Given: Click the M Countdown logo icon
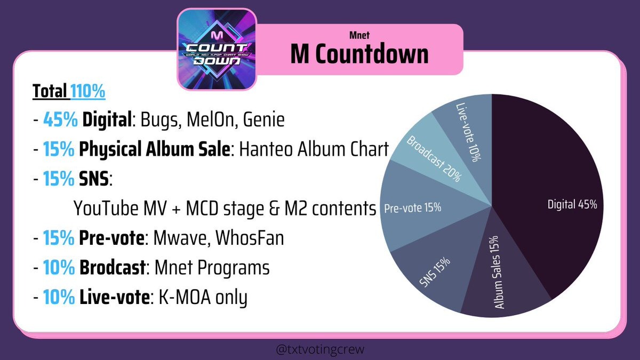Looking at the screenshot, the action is pos(217,50).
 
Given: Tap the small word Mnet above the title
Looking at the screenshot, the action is pos(359,35).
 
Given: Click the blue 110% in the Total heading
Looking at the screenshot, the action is pos(88,91).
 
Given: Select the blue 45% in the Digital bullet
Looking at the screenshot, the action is pos(60,119).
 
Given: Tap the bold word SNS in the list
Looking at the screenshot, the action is pos(94,179).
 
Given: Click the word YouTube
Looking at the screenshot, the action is pos(106,208).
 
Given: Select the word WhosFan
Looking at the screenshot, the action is pos(250,238).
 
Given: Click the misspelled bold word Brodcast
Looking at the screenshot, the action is pos(113,267).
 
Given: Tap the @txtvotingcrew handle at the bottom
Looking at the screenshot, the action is pos(321,349).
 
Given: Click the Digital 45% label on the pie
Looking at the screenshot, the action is pos(572,205).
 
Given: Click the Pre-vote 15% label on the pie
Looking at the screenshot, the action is pos(413,207).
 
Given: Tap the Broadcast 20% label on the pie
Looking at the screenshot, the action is pos(434,158).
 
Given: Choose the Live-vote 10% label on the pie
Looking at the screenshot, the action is pos(469,132).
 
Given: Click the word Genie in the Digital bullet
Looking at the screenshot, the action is pos(263,119).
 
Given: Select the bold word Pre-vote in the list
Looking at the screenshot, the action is pos(111,238).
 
